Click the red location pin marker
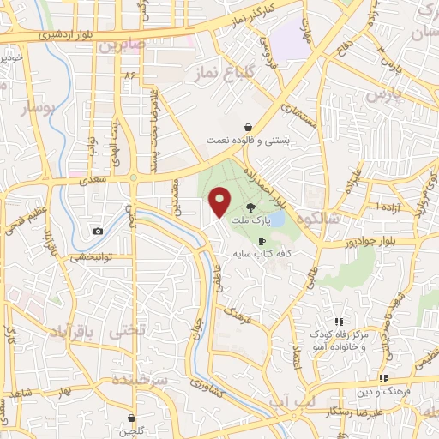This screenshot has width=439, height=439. [220, 202]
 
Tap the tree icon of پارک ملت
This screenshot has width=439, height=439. [250, 207]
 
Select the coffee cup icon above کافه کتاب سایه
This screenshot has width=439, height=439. [262, 242]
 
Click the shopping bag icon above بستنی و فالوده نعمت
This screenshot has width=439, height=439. [247, 126]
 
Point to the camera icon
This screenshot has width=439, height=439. [99, 231]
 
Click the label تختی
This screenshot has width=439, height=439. [122, 330]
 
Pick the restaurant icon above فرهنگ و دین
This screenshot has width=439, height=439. [384, 377]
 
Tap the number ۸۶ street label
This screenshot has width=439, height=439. [131, 76]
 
